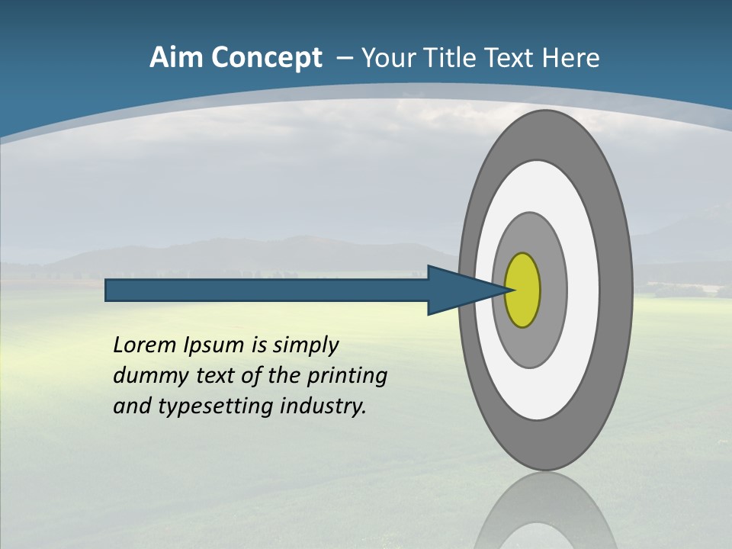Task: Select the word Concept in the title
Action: click(x=267, y=58)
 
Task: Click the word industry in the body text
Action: click(x=323, y=407)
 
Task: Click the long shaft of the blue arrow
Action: click(x=267, y=290)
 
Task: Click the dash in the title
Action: click(x=344, y=58)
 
